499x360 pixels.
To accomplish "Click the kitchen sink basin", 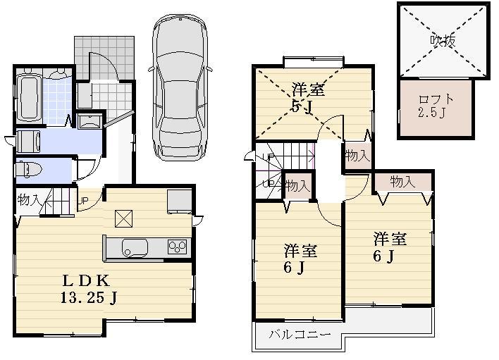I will coord(135,247).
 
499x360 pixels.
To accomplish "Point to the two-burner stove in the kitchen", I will coord(177,247).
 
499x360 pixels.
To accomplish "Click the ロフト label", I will coord(436,99).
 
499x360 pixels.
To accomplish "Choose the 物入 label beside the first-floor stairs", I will coord(28,199).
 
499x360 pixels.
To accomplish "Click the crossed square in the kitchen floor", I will coord(123,218).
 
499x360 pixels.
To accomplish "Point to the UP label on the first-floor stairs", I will coord(82,199).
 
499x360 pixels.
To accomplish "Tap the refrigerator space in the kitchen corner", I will coord(179,201).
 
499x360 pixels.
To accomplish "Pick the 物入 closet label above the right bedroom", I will coord(402,182).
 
